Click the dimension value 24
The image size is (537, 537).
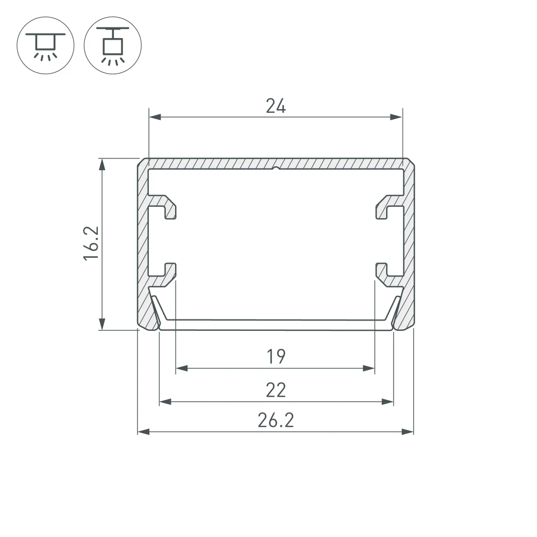pyautogui.click(x=275, y=106)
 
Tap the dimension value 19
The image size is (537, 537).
pyautogui.click(x=275, y=356)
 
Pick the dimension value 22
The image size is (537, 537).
pyautogui.click(x=275, y=390)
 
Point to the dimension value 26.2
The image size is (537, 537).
pyautogui.click(x=275, y=420)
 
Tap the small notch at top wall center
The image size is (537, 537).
pyautogui.click(x=275, y=169)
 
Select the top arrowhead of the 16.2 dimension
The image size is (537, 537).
pyautogui.click(x=102, y=164)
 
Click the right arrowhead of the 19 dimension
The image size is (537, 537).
pyautogui.click(x=369, y=368)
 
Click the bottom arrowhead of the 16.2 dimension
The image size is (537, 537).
pyautogui.click(x=102, y=324)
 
